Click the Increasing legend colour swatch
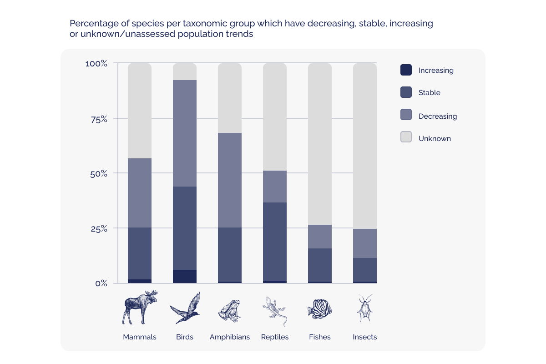tap(406, 70)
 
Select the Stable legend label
tap(429, 93)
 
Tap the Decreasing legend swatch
tap(406, 115)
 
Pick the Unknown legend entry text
tap(435, 138)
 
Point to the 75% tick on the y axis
tap(98, 119)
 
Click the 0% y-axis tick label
tap(101, 283)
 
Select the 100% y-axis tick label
tap(96, 64)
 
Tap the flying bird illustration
tap(185, 308)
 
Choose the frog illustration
tap(229, 311)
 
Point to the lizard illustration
tap(275, 311)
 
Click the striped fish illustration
tap(320, 308)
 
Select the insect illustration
tap(365, 308)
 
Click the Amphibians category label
tap(230, 337)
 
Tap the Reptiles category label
tap(275, 337)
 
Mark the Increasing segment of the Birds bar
tap(185, 276)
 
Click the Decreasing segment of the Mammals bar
tap(140, 193)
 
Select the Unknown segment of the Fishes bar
tap(320, 144)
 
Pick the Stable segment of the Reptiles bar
tap(275, 242)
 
